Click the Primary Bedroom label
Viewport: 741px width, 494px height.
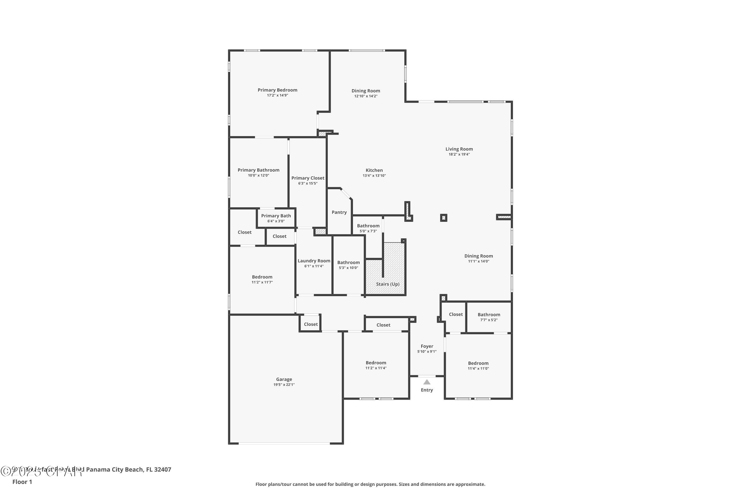(x=277, y=90)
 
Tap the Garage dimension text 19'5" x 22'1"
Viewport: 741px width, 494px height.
(x=284, y=385)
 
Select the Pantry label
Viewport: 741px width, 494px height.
(x=339, y=212)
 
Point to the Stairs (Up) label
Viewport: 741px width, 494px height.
(x=388, y=284)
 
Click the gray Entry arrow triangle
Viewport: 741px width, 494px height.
(x=427, y=382)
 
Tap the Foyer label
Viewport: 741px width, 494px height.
(x=427, y=346)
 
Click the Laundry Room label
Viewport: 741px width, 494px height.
(x=314, y=261)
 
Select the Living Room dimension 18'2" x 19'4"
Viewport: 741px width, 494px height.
(x=459, y=154)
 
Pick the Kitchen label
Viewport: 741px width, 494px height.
(x=374, y=170)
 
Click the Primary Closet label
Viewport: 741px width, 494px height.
(x=308, y=178)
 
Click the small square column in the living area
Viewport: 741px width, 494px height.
(x=444, y=218)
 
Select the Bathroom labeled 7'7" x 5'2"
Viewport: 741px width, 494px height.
(x=489, y=317)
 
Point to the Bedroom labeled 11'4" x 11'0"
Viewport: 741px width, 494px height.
(x=478, y=366)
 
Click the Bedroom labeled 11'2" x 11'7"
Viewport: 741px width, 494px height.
(x=262, y=279)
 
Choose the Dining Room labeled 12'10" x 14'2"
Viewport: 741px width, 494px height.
(x=366, y=93)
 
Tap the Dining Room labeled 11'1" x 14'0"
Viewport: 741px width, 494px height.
(x=478, y=258)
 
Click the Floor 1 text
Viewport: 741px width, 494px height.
(x=22, y=482)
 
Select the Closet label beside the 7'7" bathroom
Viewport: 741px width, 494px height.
(x=455, y=314)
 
